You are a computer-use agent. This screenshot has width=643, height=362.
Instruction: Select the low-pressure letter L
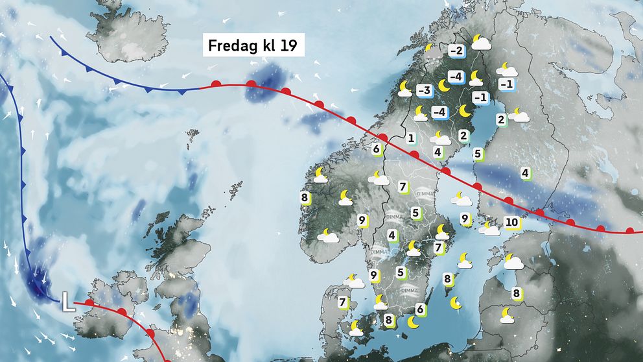(x=68, y=301)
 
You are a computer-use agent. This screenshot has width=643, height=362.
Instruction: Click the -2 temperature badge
(x=456, y=51)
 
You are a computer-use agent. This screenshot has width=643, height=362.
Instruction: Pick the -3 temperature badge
(x=425, y=90)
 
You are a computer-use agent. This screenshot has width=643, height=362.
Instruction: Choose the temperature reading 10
(x=512, y=223)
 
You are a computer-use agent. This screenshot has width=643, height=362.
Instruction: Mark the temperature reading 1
(x=411, y=138)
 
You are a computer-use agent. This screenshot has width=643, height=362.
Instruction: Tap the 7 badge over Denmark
(x=343, y=302)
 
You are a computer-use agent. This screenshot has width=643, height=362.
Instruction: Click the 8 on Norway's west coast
(x=304, y=197)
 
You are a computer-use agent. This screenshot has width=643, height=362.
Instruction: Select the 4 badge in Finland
(x=525, y=173)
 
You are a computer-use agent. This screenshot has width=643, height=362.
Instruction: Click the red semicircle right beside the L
(x=89, y=302)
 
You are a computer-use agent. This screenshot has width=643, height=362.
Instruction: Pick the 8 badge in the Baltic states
(x=517, y=293)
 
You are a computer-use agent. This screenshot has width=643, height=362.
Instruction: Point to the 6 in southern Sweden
(x=420, y=309)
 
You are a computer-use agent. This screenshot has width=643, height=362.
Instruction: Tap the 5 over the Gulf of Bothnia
(x=478, y=154)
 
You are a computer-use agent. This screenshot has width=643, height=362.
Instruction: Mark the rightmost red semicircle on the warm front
(x=630, y=230)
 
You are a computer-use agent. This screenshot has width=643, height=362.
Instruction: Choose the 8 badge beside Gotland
(x=448, y=279)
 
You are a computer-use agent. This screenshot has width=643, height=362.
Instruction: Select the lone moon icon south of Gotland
(x=456, y=303)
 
